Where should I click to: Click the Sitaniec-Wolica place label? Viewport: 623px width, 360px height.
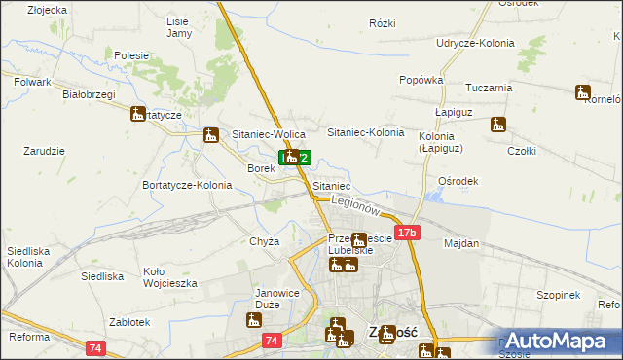point(269,134)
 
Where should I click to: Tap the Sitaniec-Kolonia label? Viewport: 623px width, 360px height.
point(365,131)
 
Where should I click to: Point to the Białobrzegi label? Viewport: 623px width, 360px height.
point(89,94)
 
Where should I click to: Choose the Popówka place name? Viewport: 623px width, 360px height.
point(421,81)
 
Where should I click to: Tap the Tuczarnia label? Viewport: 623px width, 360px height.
point(489,88)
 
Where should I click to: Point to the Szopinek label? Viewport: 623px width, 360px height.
point(558,295)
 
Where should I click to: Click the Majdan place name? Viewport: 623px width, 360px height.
point(462,243)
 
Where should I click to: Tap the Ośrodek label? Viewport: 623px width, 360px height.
point(458,181)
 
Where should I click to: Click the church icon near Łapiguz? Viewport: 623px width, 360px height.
point(498,125)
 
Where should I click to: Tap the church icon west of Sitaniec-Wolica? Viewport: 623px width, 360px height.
point(210,136)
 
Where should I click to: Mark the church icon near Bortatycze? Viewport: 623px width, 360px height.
point(137,114)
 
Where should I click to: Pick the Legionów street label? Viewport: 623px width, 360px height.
point(352,206)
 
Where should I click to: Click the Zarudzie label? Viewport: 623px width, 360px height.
point(44,152)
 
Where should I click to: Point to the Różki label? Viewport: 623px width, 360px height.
point(383,21)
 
